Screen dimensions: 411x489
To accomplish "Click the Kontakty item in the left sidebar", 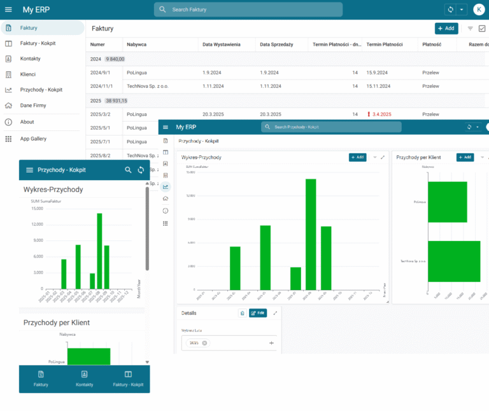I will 31,59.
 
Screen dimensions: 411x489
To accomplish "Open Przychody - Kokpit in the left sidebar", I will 41,90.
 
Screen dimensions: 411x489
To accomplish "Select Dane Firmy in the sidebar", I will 32,106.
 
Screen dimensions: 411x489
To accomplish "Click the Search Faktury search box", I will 248,10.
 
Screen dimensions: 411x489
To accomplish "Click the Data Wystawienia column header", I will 222,45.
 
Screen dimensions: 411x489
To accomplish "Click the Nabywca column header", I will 138,45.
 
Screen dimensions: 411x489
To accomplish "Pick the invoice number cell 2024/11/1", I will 101,85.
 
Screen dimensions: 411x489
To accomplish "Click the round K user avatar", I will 478,10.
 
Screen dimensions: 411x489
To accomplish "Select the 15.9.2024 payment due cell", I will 379,73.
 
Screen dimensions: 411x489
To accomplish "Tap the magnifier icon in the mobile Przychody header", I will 128,170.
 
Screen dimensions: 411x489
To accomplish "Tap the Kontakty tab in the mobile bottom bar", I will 85,379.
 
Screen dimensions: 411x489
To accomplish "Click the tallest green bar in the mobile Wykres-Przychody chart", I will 99,251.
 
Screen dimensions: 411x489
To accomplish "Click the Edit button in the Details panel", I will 258,313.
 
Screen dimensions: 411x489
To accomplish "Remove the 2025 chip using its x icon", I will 205,343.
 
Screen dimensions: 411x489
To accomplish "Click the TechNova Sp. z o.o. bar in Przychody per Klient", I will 454,261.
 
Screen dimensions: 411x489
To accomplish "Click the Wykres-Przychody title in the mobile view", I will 53,190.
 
